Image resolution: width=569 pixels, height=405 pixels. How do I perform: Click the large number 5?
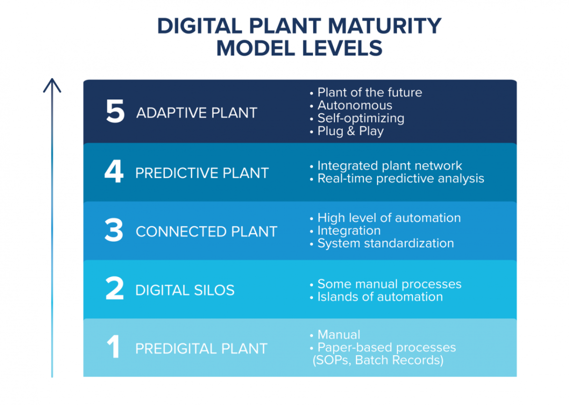click(x=115, y=111)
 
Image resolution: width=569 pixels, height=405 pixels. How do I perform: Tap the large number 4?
click(x=114, y=171)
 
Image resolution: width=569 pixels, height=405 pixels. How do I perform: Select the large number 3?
click(x=114, y=230)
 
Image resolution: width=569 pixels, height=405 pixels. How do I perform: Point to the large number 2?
click(x=115, y=288)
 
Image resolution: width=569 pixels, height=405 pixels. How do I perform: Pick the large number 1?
click(x=113, y=346)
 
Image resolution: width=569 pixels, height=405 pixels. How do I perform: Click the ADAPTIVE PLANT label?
click(x=197, y=113)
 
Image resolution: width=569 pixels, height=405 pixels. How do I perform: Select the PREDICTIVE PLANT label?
click(x=202, y=173)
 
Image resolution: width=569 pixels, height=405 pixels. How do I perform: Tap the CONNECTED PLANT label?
click(x=207, y=232)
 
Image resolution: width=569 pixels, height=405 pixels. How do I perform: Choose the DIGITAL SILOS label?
click(x=185, y=290)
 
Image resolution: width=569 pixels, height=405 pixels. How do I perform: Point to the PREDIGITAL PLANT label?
click(x=202, y=349)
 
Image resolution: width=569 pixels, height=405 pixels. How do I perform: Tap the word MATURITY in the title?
click(x=385, y=26)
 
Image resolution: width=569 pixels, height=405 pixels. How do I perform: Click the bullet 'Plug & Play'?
click(x=347, y=131)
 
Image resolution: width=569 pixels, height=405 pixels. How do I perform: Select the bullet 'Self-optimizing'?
click(x=357, y=118)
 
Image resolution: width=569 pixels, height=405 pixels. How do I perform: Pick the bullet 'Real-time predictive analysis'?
click(x=397, y=179)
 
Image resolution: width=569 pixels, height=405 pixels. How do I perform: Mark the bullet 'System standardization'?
click(x=382, y=243)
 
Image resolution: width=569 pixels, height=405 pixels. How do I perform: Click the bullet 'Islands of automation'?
click(x=376, y=297)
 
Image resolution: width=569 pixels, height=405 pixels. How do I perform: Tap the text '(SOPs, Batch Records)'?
click(x=378, y=360)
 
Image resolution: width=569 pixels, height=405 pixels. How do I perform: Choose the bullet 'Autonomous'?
click(x=351, y=105)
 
